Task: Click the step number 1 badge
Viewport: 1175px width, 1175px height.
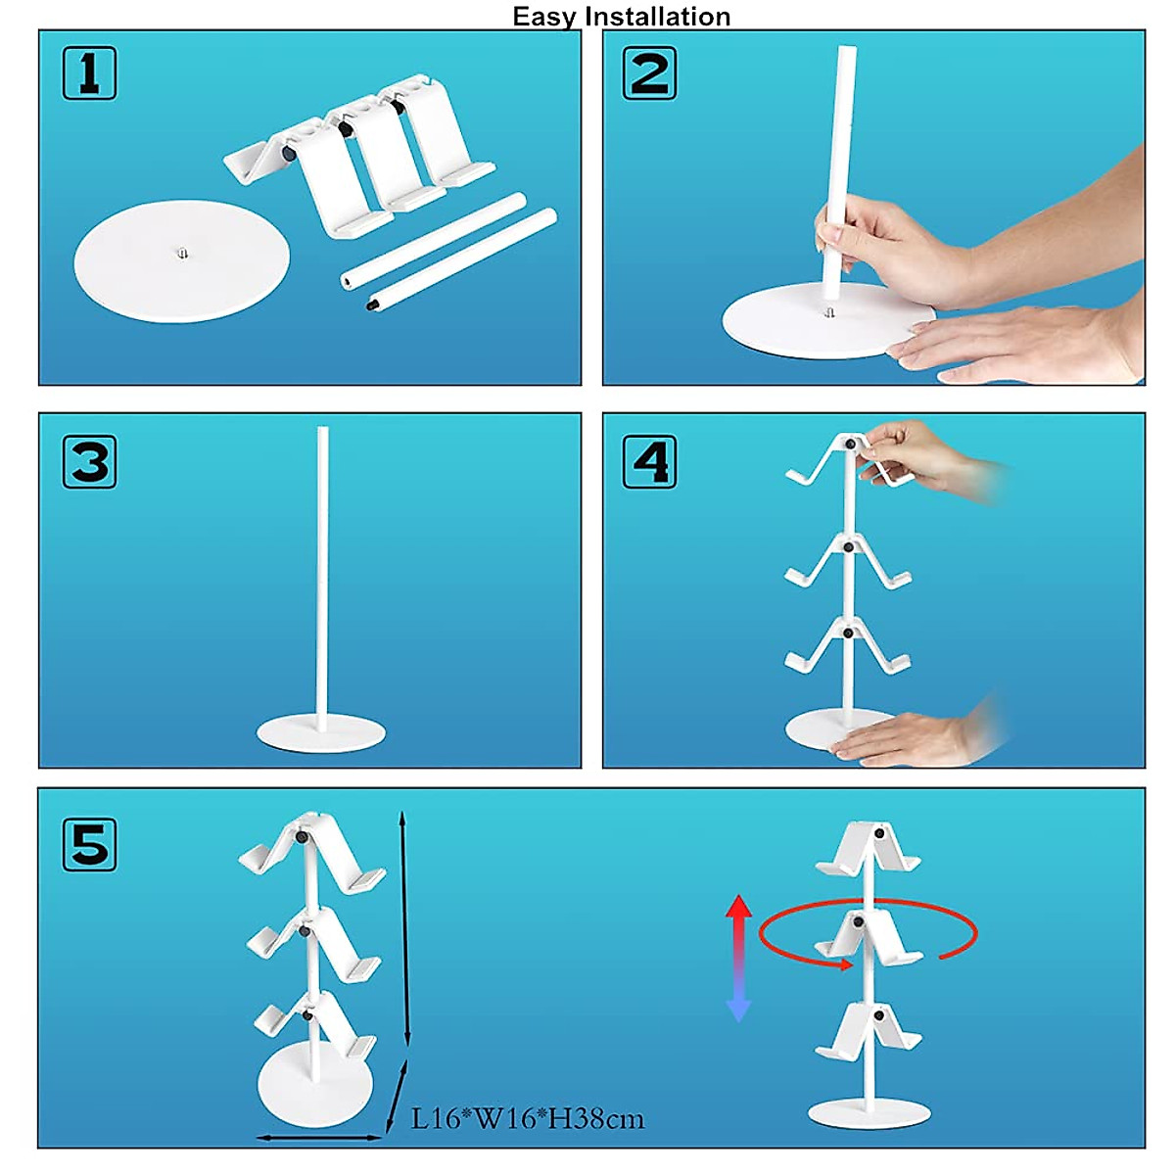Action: (x=89, y=73)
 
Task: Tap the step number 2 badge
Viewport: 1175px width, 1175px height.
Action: (x=649, y=73)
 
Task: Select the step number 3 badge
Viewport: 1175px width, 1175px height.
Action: (x=89, y=461)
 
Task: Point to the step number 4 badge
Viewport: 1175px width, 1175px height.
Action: (x=649, y=462)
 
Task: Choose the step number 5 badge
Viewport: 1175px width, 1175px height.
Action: (x=89, y=844)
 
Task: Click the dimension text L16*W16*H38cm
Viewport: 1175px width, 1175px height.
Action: (x=528, y=1118)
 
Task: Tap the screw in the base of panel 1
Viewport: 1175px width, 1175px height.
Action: (x=182, y=254)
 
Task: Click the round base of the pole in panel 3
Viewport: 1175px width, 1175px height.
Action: (x=321, y=733)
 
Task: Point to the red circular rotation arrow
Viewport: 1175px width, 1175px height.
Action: (x=869, y=932)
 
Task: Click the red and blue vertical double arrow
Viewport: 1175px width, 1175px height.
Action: (x=738, y=958)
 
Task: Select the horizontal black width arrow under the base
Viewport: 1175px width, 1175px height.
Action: (x=318, y=1138)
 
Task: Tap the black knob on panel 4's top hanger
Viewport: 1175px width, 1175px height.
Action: (x=850, y=444)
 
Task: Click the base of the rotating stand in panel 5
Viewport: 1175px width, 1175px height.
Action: (x=869, y=1113)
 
